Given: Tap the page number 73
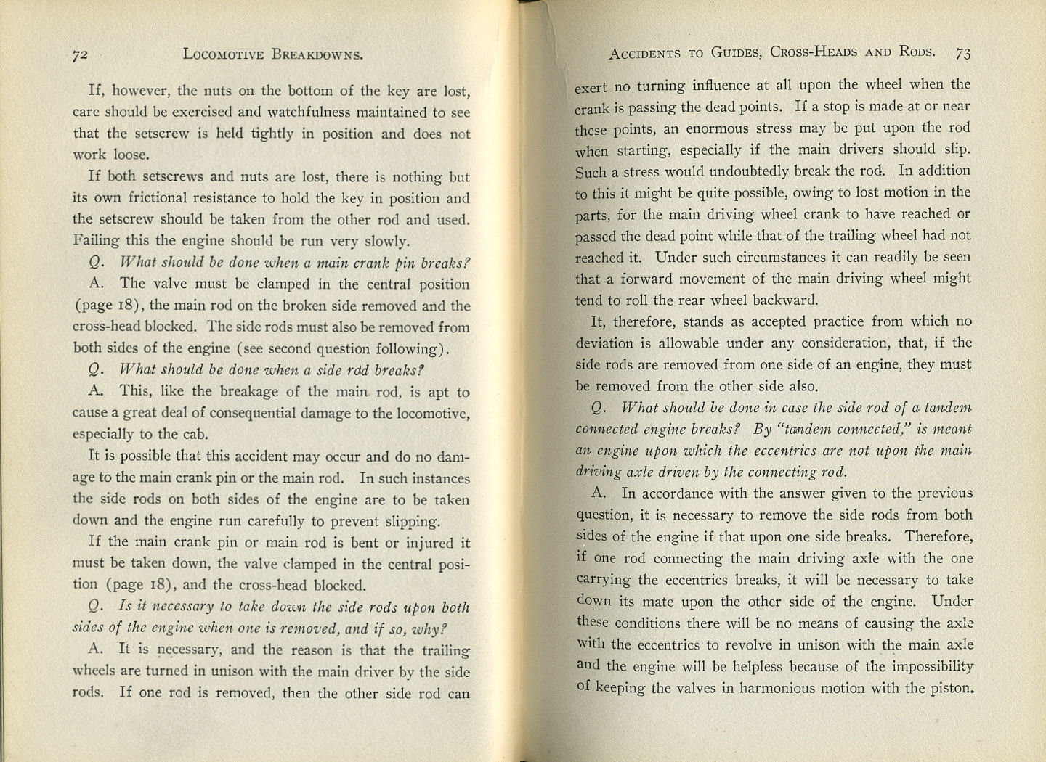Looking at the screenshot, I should (963, 53).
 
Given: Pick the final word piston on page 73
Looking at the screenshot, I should (949, 688).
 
